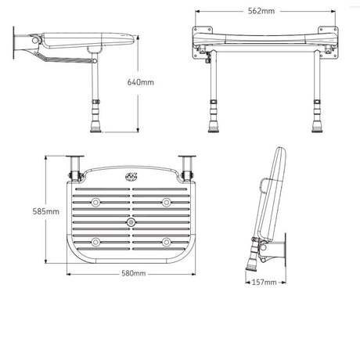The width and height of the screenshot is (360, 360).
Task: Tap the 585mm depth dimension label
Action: tap(46, 212)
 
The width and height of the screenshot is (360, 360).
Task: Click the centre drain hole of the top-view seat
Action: tap(131, 222)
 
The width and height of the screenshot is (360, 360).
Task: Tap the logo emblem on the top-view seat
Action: tap(131, 177)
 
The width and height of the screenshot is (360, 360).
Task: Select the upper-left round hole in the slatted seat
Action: tap(95, 203)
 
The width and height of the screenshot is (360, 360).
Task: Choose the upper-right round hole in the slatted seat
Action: tap(166, 203)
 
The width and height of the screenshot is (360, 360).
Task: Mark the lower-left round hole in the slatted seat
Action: tap(95, 241)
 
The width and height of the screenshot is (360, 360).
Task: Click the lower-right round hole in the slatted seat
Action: tap(166, 241)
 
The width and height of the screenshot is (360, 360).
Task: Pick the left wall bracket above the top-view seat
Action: tap(75, 165)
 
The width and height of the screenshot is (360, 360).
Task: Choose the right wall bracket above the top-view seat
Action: tap(188, 165)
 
